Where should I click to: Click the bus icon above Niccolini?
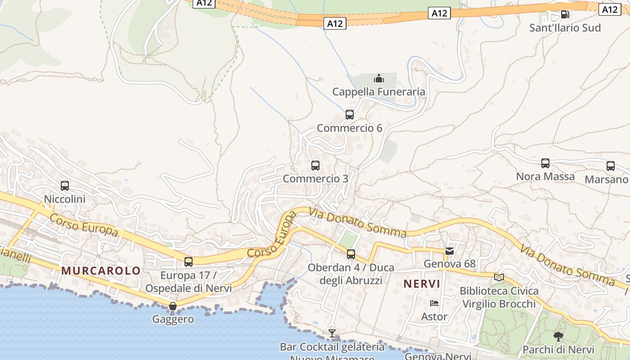65,185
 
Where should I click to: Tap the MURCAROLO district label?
101,270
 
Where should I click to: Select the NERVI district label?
422,284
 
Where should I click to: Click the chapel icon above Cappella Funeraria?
379,79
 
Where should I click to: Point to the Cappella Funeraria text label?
378,92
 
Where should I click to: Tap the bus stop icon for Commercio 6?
350,115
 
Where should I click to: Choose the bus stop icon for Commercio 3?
315,166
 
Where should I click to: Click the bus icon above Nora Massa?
545,163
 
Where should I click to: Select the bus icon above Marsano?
611,166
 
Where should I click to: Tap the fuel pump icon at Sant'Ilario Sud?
565,14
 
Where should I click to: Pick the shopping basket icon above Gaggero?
173,306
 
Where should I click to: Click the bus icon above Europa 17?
189,261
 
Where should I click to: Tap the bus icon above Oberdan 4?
351,254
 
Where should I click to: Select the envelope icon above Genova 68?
450,251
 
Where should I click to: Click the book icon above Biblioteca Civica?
499,277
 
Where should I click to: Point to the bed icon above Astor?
434,303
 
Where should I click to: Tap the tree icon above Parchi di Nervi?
558,336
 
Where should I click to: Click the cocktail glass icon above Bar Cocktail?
332,333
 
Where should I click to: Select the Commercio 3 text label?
315,179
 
